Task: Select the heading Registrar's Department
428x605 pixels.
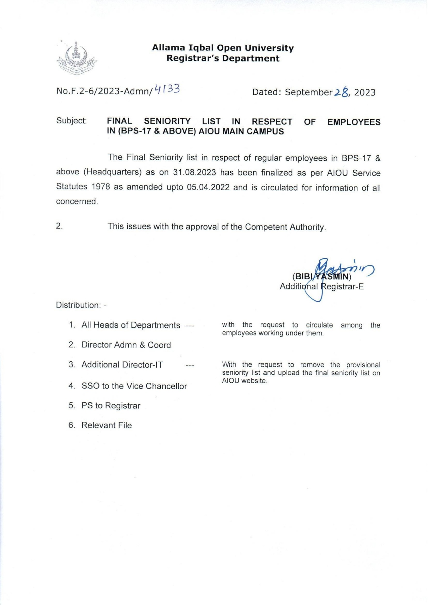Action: pos(223,58)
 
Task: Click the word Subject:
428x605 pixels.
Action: pos(72,121)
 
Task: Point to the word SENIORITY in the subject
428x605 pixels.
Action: pos(167,121)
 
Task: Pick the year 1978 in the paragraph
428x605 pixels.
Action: pos(101,187)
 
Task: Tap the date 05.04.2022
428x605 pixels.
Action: pos(208,187)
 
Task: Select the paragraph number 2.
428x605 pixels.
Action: pos(59,226)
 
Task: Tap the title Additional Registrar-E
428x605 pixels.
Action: pos(322,287)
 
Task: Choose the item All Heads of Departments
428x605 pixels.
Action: pos(131,325)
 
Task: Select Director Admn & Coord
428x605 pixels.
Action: pos(126,345)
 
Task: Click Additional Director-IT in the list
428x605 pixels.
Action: pos(122,365)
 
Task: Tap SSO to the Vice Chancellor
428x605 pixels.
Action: pos(134,386)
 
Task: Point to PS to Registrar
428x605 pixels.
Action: pos(111,406)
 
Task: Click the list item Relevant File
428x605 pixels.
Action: pos(106,426)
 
